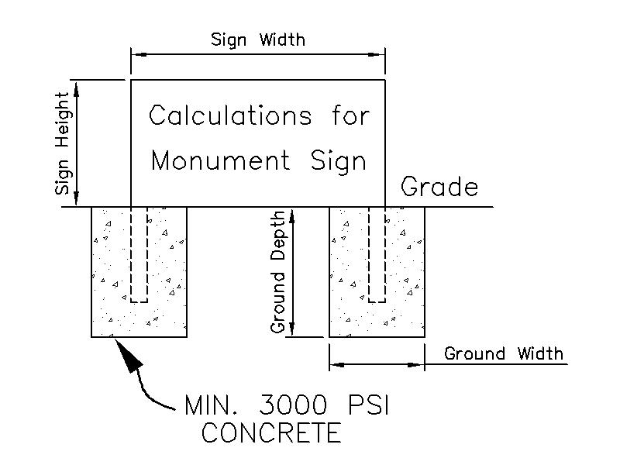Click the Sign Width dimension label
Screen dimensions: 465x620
coord(258,40)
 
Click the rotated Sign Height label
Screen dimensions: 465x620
coord(65,143)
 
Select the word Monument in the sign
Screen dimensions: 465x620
coord(220,161)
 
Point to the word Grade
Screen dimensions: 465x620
coord(439,187)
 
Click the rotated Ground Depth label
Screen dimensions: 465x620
coord(278,271)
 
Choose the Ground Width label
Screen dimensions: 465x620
coord(504,354)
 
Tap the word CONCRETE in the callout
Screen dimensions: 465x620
coord(270,432)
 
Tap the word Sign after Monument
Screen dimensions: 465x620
coord(338,161)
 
